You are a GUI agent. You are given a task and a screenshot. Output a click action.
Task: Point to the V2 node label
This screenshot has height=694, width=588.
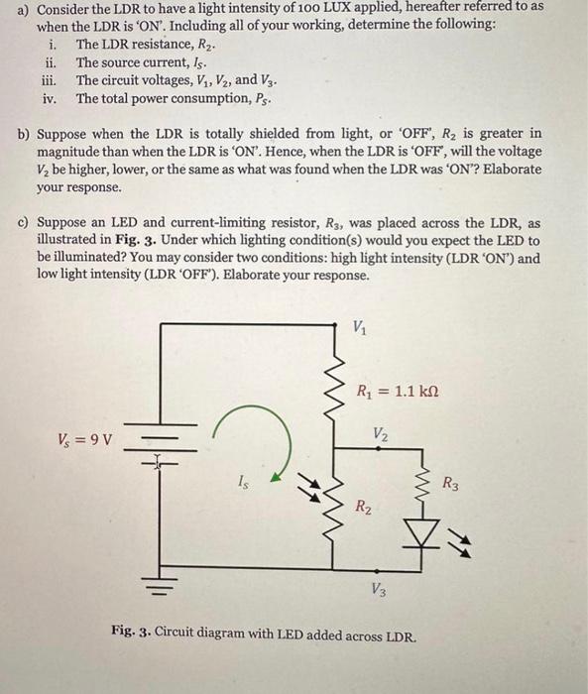click(x=380, y=432)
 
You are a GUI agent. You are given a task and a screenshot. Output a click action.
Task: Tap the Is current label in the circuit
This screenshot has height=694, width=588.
click(x=243, y=482)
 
